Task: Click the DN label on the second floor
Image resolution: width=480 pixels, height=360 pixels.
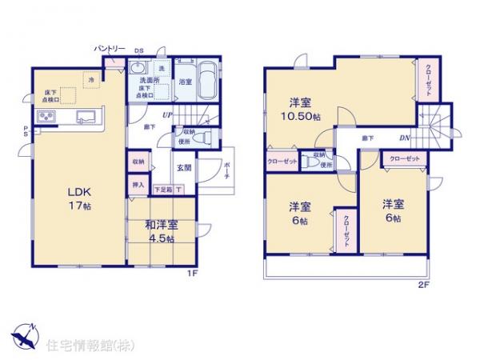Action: pos(406,139)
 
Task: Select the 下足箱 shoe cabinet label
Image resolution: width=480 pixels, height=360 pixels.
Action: pos(162,190)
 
